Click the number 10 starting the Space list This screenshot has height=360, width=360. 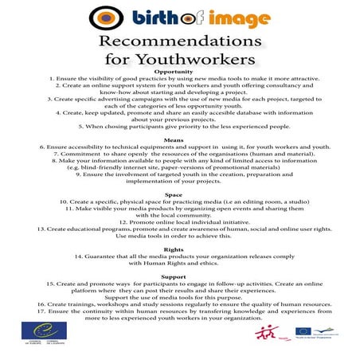pos(65,203)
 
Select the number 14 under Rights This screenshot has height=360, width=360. pos(80,257)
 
